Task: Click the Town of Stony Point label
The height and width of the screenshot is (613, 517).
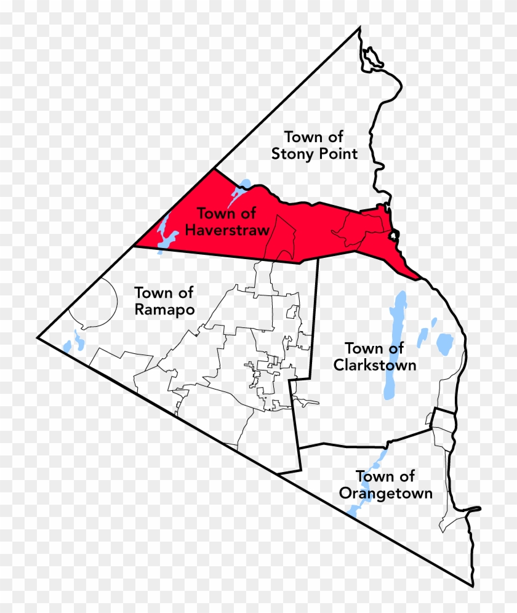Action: (x=314, y=145)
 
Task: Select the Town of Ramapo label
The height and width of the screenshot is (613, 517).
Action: (x=164, y=300)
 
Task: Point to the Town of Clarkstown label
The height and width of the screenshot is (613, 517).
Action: (x=375, y=357)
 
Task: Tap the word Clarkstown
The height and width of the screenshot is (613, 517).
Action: (x=375, y=365)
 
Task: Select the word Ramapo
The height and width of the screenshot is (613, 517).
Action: (x=164, y=309)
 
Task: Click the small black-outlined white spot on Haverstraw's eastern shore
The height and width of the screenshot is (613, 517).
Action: (x=394, y=234)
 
